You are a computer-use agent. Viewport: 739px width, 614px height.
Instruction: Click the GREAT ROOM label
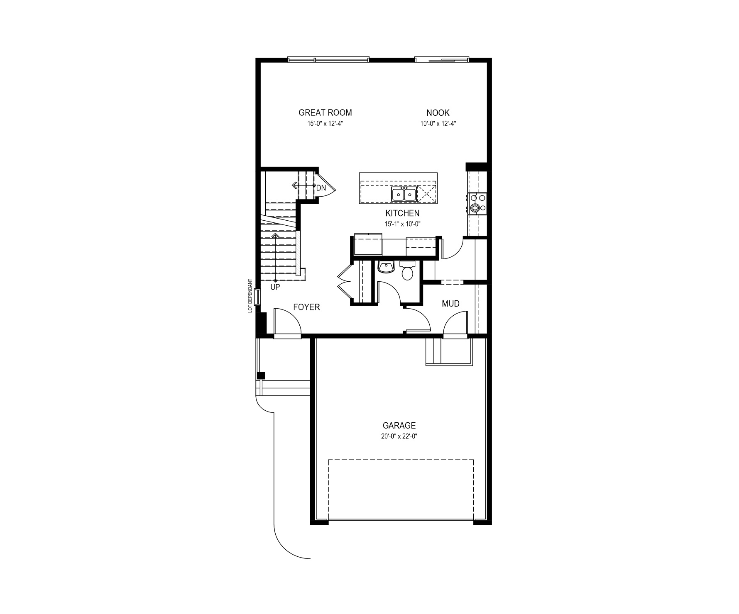click(x=325, y=112)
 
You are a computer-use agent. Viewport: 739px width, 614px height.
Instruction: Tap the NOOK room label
click(x=438, y=112)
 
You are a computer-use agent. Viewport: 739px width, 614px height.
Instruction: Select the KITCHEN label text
click(x=402, y=213)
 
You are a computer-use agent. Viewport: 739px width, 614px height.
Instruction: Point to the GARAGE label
click(x=399, y=425)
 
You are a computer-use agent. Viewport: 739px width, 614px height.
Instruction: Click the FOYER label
click(x=306, y=307)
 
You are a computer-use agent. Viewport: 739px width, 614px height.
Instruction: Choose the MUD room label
click(x=450, y=304)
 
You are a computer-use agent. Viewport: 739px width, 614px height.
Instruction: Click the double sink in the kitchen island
click(x=404, y=194)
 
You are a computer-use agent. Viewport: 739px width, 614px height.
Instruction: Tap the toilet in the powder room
click(x=407, y=270)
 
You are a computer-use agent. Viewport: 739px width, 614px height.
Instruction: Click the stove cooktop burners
click(x=477, y=203)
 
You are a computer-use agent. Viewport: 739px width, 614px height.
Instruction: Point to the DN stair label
click(x=321, y=188)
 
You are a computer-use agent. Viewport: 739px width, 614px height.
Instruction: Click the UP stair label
click(x=275, y=287)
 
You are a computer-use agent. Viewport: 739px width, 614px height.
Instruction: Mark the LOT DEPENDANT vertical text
click(x=250, y=295)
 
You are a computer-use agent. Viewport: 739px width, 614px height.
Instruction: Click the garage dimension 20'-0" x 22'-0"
click(x=399, y=436)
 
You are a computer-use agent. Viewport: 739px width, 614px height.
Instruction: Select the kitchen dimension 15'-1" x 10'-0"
click(x=402, y=224)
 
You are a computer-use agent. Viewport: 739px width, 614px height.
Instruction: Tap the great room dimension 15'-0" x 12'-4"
click(x=325, y=123)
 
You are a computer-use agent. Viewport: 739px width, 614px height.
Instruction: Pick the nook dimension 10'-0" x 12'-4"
click(x=438, y=123)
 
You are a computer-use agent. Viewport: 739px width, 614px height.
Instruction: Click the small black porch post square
click(x=261, y=375)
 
